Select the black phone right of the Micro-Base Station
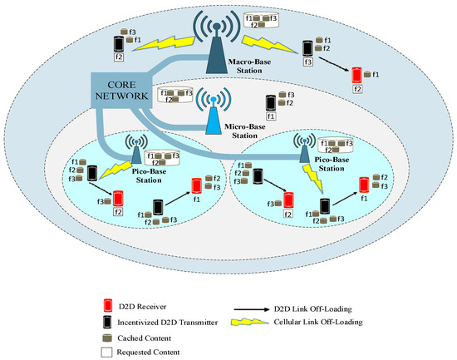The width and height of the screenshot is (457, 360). (x=270, y=102)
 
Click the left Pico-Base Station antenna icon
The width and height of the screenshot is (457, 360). (x=133, y=150)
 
